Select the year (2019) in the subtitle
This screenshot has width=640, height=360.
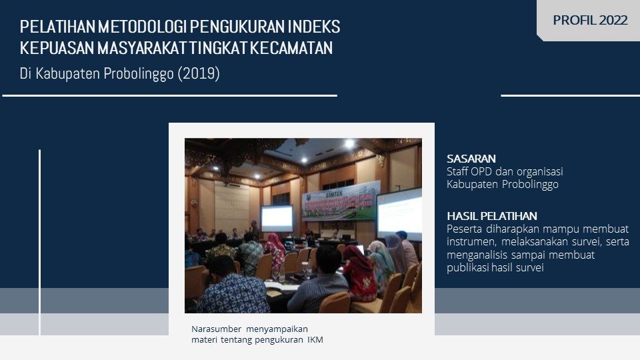click(x=199, y=73)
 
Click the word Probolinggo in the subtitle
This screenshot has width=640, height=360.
click(x=139, y=74)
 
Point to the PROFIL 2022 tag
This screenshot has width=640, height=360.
click(x=590, y=20)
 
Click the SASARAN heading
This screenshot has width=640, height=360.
click(x=471, y=159)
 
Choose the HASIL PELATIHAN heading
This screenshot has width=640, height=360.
click(x=492, y=216)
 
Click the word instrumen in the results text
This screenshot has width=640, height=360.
click(x=471, y=241)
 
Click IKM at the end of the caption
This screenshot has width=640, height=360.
click(x=315, y=339)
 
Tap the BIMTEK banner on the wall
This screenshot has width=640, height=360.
click(x=341, y=201)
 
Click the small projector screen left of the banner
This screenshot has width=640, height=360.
click(x=277, y=219)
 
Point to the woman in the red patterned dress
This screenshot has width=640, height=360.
click(x=359, y=272)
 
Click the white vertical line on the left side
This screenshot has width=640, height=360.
click(x=39, y=243)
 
